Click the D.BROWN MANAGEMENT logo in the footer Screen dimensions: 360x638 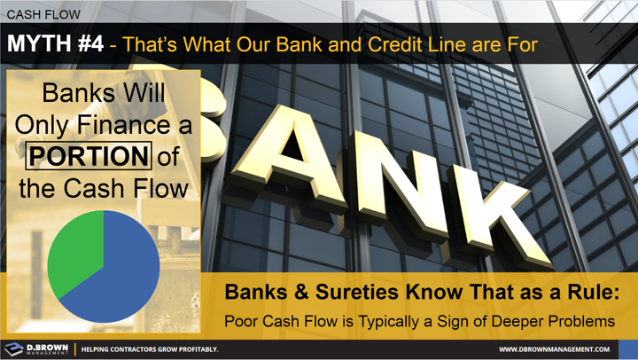(35, 348)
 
